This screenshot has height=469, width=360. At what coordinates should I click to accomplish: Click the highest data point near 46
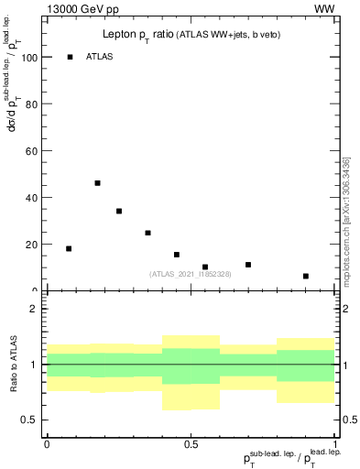(x=97, y=183)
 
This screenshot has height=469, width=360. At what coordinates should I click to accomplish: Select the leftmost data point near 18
(x=69, y=248)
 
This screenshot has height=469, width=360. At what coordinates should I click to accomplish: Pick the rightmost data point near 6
(x=306, y=276)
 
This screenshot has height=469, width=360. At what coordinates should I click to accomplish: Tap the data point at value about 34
(x=119, y=211)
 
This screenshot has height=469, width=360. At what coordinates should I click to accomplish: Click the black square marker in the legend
(x=70, y=57)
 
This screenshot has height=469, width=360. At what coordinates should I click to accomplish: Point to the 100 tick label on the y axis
(x=27, y=57)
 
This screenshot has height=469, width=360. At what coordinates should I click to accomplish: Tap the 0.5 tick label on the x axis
(x=191, y=444)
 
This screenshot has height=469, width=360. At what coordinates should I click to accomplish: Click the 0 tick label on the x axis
(x=47, y=444)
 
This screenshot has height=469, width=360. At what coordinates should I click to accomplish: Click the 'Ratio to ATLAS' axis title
(x=13, y=364)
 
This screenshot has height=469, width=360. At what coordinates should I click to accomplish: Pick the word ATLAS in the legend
(x=99, y=57)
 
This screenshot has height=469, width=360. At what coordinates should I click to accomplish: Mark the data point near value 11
(x=248, y=265)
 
